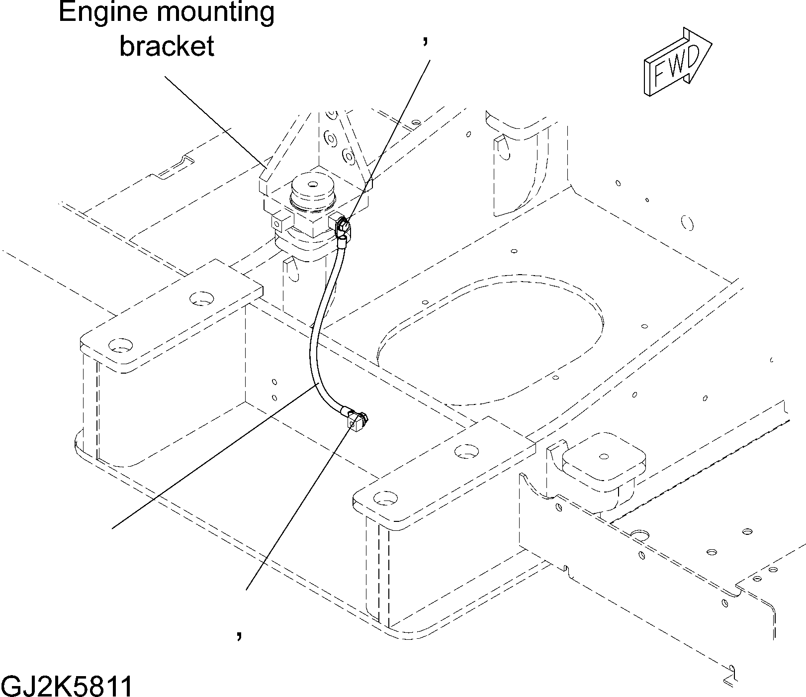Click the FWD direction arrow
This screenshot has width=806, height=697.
click(678, 62)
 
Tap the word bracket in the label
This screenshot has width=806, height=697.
click(167, 46)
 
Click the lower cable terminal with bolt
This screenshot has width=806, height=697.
click(356, 420)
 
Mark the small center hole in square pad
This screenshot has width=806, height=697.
click(604, 456)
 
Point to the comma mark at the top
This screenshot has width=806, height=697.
click(425, 42)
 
